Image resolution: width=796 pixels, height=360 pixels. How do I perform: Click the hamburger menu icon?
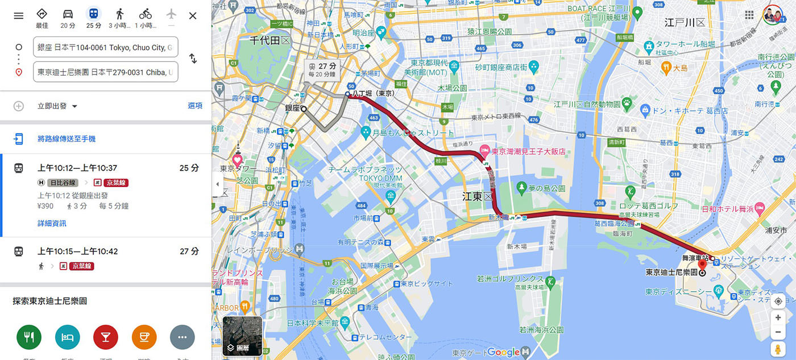(19, 15)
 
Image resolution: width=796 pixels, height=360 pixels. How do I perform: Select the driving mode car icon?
(68, 14)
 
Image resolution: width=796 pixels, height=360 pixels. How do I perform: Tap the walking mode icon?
(119, 14)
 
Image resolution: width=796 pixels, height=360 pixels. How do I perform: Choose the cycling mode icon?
(146, 14)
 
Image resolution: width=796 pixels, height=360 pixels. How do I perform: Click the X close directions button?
(193, 15)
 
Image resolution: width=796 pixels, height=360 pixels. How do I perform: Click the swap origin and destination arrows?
(193, 59)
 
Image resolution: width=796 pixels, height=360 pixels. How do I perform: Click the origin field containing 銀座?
(106, 47)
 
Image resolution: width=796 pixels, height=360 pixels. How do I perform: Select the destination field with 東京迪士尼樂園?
(106, 72)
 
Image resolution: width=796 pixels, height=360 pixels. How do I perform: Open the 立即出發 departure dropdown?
(57, 106)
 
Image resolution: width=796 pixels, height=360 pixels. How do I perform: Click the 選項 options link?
(195, 106)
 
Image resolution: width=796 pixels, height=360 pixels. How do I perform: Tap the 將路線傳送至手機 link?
(67, 139)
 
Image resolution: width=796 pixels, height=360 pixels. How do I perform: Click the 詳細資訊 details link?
(52, 224)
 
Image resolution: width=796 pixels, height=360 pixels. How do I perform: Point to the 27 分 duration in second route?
(189, 251)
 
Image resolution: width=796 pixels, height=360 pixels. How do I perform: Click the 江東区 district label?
(476, 196)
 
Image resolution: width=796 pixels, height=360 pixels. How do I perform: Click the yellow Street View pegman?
(778, 349)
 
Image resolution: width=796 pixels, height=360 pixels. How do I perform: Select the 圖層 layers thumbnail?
(242, 336)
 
